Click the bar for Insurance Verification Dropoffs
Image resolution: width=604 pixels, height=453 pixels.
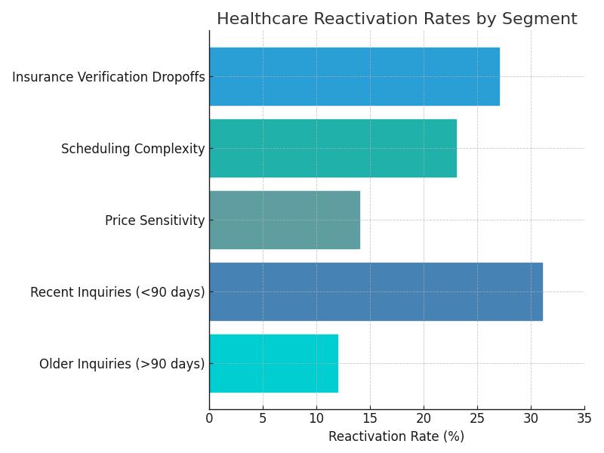354,76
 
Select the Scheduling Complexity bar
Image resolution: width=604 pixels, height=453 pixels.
333,148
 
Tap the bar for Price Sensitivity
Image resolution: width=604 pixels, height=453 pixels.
285,220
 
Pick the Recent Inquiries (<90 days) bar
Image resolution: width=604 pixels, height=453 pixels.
375,291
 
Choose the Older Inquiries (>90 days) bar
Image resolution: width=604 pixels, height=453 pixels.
273,363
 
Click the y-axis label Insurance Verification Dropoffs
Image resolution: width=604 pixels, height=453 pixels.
109,77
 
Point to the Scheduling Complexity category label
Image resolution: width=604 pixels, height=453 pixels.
133,149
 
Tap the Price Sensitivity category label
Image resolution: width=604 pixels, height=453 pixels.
155,220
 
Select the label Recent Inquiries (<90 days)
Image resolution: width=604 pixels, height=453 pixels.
118,292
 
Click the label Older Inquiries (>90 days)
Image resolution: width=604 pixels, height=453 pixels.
122,364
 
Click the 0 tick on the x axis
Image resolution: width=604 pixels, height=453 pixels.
209,417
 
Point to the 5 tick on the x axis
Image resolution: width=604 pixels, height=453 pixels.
263,417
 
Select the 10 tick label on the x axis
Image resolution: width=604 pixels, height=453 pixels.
316,417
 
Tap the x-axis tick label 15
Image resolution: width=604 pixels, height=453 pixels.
370,417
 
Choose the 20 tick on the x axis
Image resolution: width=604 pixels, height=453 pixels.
424,417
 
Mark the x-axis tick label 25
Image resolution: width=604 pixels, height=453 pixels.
477,417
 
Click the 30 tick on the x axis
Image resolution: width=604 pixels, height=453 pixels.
531,417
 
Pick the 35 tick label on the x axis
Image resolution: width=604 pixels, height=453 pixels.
584,417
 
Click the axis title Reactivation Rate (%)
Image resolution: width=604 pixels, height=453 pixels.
396,436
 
